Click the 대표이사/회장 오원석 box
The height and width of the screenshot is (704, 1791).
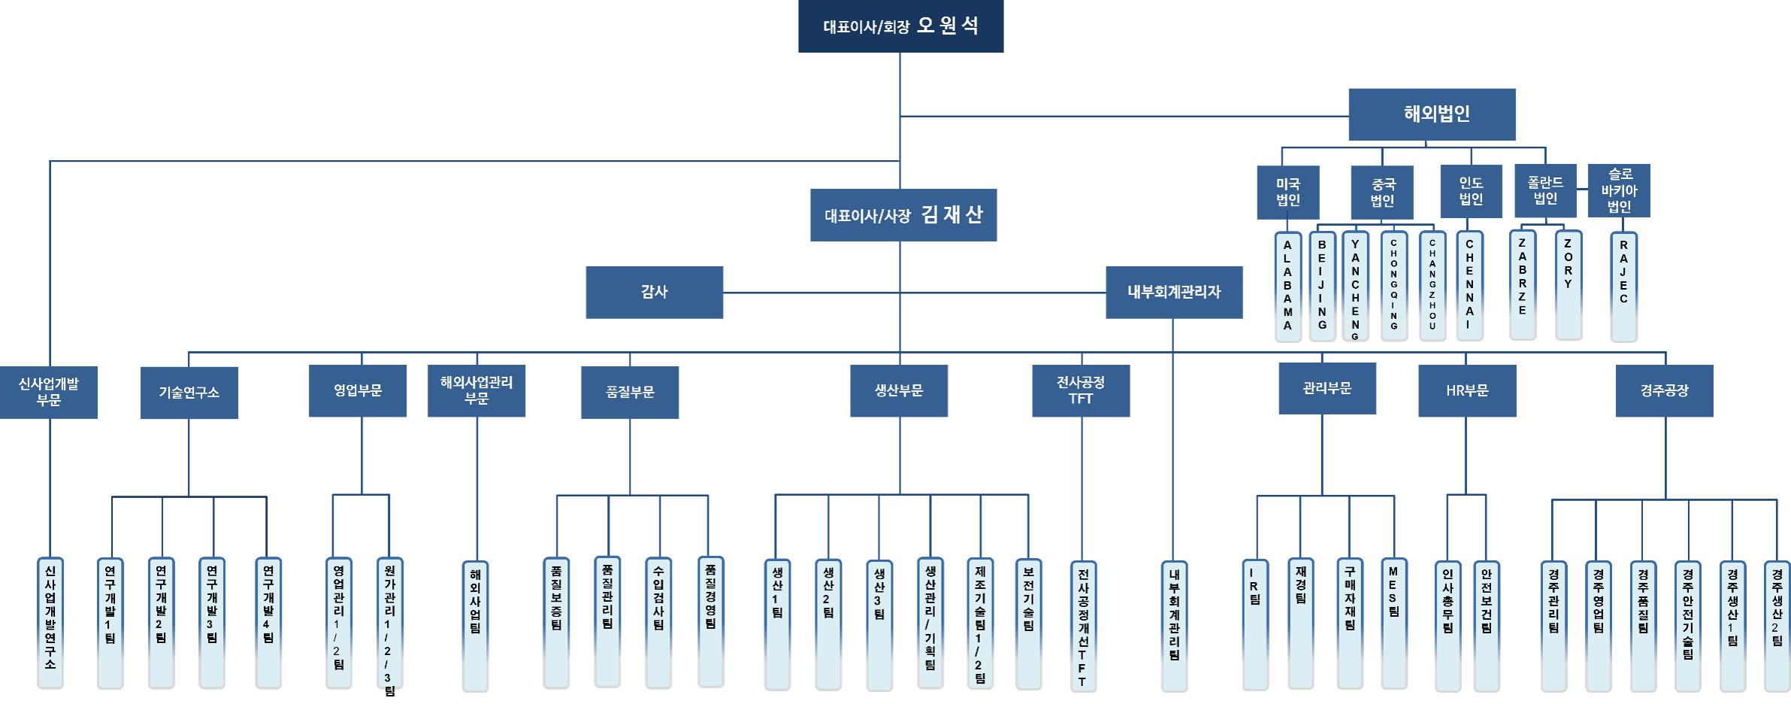[900, 26]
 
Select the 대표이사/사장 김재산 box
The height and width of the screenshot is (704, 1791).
[903, 215]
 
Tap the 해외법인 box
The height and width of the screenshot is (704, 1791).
[1432, 114]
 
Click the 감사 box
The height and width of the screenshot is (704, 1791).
[654, 292]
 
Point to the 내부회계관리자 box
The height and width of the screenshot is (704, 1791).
[1173, 292]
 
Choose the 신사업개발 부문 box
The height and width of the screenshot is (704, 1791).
[48, 392]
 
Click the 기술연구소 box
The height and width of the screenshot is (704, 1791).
[189, 393]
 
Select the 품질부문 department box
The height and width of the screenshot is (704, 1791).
[629, 392]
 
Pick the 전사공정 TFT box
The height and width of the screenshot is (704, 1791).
[1080, 390]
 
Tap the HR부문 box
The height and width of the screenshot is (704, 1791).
[1466, 390]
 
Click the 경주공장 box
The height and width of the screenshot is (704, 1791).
[1664, 390]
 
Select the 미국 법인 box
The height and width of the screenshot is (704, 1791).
[1287, 193]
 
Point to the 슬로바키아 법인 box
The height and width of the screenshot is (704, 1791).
[1618, 191]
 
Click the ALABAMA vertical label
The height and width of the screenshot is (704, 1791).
[1287, 286]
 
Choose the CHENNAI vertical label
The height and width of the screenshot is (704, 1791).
[1469, 286]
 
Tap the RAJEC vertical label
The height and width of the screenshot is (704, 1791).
[1623, 286]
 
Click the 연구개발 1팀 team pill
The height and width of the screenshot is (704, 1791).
[110, 623]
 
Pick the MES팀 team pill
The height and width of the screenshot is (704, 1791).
[1393, 623]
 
